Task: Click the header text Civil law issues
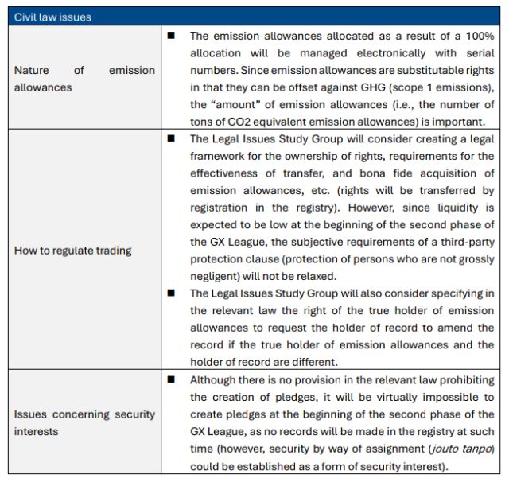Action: (x=52, y=17)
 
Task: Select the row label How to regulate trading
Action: (x=73, y=251)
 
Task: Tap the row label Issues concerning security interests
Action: (x=84, y=422)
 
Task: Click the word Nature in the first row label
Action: (x=31, y=70)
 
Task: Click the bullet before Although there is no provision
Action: (x=170, y=379)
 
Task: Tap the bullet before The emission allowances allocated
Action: (x=170, y=36)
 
